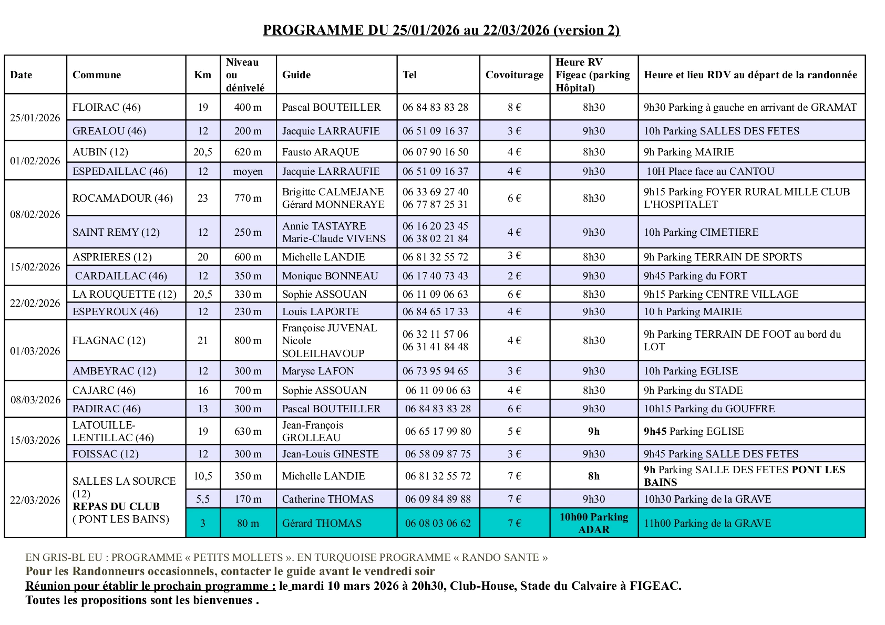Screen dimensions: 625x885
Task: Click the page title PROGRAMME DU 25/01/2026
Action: (441, 30)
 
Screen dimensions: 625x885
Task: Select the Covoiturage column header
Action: (514, 75)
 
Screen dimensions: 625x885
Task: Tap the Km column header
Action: (202, 75)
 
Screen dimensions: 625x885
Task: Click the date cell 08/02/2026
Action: (35, 214)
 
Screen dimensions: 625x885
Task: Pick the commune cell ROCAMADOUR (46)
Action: (122, 198)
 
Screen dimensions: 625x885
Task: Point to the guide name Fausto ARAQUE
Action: (321, 152)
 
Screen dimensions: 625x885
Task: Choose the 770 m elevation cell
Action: (248, 198)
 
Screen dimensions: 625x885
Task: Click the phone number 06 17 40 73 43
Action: (435, 276)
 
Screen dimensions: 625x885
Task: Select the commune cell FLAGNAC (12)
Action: (109, 340)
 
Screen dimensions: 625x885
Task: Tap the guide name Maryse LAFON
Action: (318, 371)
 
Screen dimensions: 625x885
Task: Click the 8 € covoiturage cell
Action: (514, 107)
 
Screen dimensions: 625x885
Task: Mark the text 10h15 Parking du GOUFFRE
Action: (709, 409)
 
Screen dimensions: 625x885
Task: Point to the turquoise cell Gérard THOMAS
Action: (322, 523)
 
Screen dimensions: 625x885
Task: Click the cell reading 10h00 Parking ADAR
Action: (593, 523)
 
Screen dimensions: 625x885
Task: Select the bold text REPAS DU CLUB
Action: (116, 506)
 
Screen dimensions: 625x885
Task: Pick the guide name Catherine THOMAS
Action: (328, 499)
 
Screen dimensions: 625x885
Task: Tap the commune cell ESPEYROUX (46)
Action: (115, 311)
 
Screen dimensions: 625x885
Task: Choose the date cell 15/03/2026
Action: (35, 440)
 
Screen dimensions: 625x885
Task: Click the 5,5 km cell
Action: (202, 499)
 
